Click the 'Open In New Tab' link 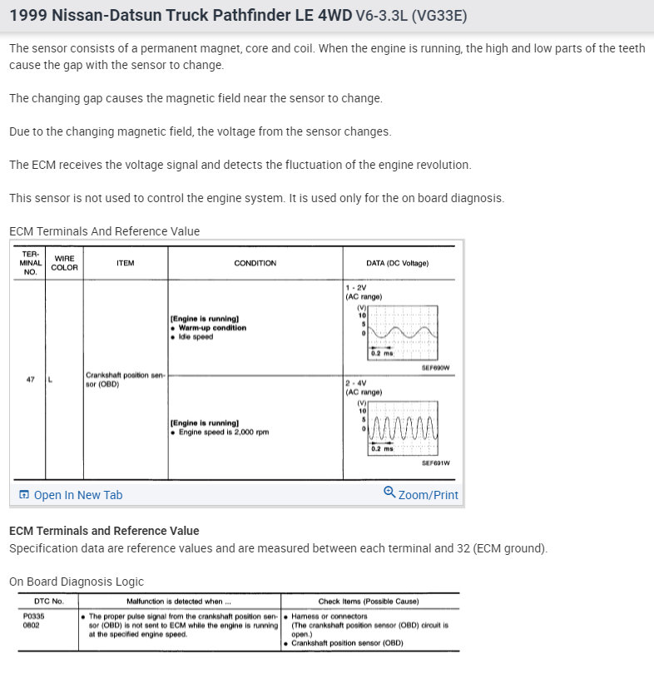tap(77, 495)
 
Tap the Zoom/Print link tap(428, 495)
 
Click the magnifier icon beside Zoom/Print tap(389, 493)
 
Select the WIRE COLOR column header tap(65, 263)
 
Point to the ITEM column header tap(126, 263)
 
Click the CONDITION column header tap(255, 263)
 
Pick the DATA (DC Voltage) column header tap(397, 263)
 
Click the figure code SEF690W tap(435, 367)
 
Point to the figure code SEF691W tap(435, 463)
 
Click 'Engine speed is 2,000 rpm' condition tap(223, 432)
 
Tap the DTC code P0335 tap(33, 616)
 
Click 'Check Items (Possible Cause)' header tap(369, 601)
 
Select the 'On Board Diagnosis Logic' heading tap(77, 582)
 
